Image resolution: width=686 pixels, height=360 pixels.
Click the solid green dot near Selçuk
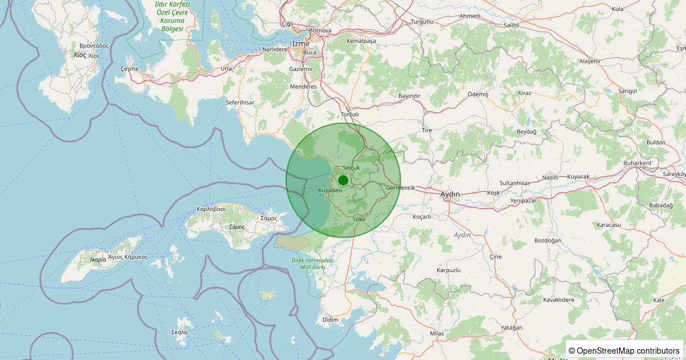343,180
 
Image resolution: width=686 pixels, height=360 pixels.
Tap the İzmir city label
301,43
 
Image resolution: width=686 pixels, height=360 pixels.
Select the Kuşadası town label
330,190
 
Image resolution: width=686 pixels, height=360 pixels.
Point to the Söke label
359,219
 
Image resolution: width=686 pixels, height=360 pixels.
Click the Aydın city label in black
450,194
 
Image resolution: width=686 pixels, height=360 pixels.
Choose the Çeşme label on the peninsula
130,69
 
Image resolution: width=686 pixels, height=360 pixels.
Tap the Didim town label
330,319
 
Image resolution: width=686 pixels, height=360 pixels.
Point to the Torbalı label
350,114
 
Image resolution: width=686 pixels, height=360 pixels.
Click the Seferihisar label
240,102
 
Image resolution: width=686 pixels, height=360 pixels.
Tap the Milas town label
436,333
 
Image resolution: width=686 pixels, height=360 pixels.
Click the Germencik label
400,187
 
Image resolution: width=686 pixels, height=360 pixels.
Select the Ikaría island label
98,259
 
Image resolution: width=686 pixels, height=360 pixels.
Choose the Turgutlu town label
422,22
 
